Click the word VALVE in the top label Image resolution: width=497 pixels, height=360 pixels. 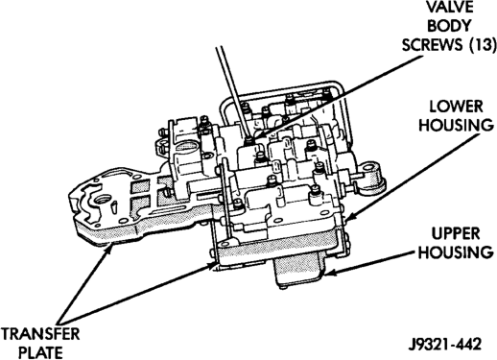(449, 7)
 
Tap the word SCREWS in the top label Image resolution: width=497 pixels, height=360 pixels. (433, 45)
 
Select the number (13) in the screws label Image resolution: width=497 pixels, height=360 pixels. (483, 45)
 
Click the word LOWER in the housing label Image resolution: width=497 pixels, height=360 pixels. (456, 107)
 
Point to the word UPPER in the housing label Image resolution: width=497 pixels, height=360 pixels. (456, 234)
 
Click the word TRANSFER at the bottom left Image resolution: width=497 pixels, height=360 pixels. (40, 334)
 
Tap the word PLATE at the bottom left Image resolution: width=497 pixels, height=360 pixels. (40, 352)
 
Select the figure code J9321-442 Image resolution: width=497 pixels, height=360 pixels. (445, 345)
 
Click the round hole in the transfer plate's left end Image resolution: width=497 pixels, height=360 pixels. (102, 202)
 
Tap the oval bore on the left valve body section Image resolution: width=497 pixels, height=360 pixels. (183, 148)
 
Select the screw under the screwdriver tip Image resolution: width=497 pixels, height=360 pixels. (248, 140)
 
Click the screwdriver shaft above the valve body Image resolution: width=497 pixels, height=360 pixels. (232, 90)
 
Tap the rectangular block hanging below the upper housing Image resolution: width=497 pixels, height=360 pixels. (297, 269)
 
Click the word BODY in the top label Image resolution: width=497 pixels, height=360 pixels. (449, 26)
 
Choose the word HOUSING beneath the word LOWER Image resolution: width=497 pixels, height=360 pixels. (456, 125)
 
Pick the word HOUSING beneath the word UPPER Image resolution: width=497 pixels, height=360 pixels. (456, 252)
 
